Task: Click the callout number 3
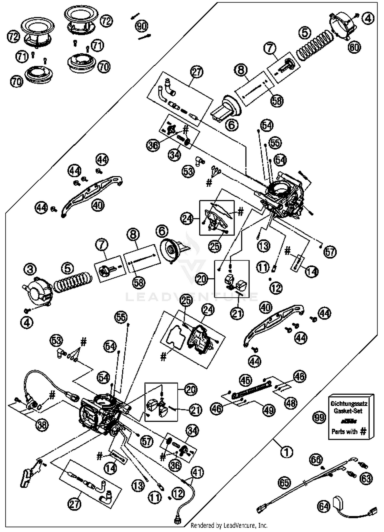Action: click(30, 269)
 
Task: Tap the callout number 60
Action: click(354, 47)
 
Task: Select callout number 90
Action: click(142, 26)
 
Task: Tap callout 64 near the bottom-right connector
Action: click(324, 506)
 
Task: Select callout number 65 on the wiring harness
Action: click(284, 483)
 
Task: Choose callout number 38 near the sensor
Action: click(42, 425)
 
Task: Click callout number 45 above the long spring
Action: click(246, 380)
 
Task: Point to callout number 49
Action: click(268, 410)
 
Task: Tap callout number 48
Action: click(291, 403)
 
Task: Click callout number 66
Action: click(316, 459)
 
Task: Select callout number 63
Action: click(366, 478)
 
